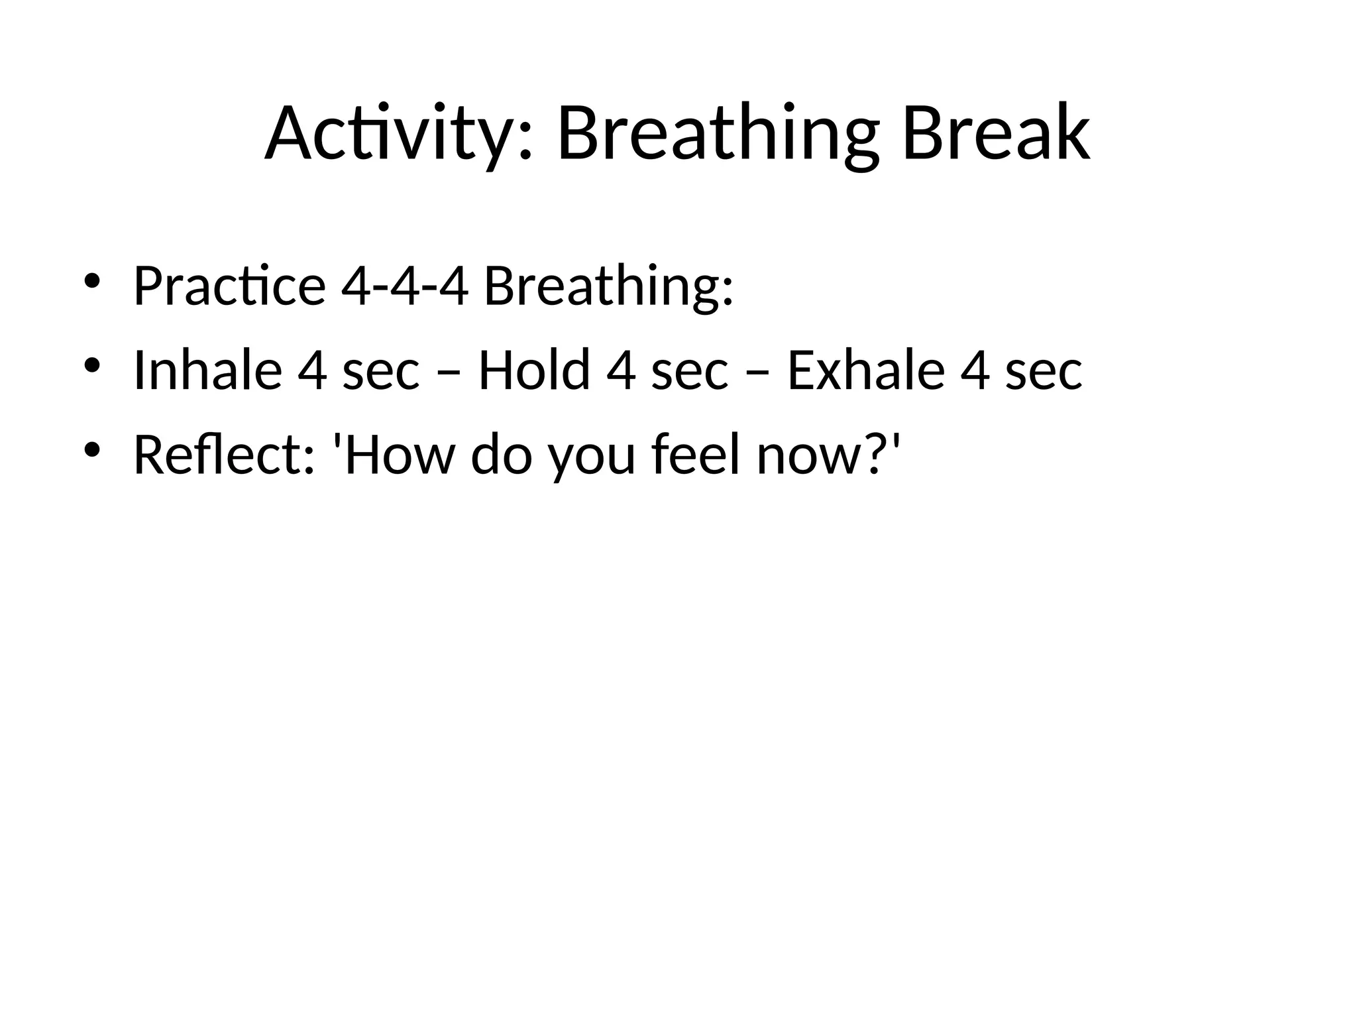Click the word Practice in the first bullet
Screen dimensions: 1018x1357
tap(229, 286)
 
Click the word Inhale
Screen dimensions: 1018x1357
tap(207, 370)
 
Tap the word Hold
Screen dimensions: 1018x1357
tap(533, 370)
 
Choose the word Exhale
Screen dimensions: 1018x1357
tap(865, 370)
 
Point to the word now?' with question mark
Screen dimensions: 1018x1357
tap(829, 455)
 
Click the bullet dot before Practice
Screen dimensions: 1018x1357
tap(91, 281)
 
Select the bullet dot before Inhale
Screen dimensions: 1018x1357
tap(91, 365)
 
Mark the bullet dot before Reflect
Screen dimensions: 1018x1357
tap(91, 450)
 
